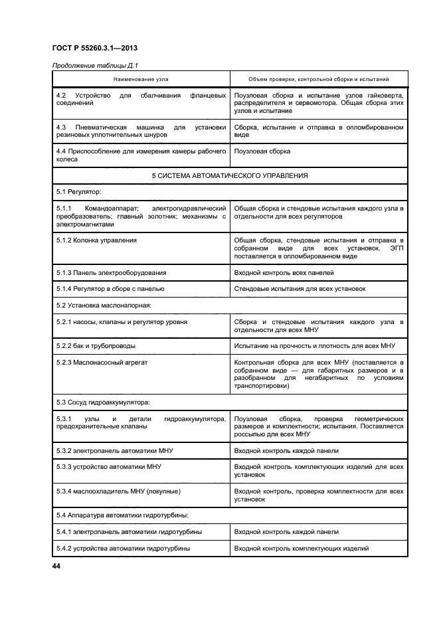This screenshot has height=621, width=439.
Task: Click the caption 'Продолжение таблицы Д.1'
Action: click(x=94, y=64)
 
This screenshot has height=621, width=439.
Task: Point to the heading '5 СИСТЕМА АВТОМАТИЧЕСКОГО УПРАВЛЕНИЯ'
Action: click(x=230, y=176)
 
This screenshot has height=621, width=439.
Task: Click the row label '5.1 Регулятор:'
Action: click(x=78, y=192)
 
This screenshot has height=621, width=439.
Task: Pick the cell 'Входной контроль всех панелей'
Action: click(x=288, y=272)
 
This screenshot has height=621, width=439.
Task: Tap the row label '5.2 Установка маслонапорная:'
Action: click(x=104, y=305)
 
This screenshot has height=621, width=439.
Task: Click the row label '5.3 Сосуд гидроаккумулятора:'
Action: click(x=103, y=402)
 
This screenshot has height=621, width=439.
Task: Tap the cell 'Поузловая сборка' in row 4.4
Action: click(x=262, y=151)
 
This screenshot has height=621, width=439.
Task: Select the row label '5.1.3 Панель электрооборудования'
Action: click(x=111, y=272)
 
